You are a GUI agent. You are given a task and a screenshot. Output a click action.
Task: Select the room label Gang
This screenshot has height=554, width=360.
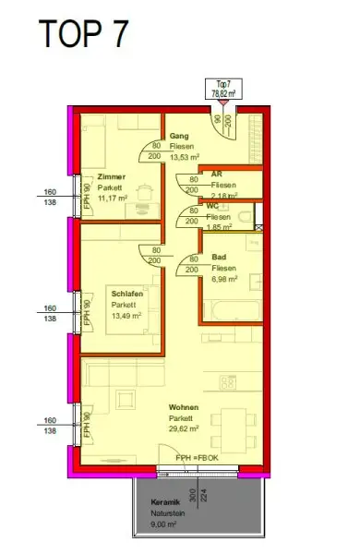(179, 137)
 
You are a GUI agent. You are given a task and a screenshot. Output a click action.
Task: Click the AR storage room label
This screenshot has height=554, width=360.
(216, 174)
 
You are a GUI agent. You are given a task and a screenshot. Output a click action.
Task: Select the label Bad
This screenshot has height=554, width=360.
(219, 258)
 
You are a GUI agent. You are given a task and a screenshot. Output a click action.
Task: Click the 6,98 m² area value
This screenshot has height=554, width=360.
(224, 277)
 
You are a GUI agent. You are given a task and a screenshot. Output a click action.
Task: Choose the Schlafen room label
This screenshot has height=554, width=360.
(127, 294)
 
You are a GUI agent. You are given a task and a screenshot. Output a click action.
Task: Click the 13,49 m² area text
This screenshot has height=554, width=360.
(126, 315)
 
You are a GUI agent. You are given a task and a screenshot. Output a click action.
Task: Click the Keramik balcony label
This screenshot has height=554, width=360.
(163, 504)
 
